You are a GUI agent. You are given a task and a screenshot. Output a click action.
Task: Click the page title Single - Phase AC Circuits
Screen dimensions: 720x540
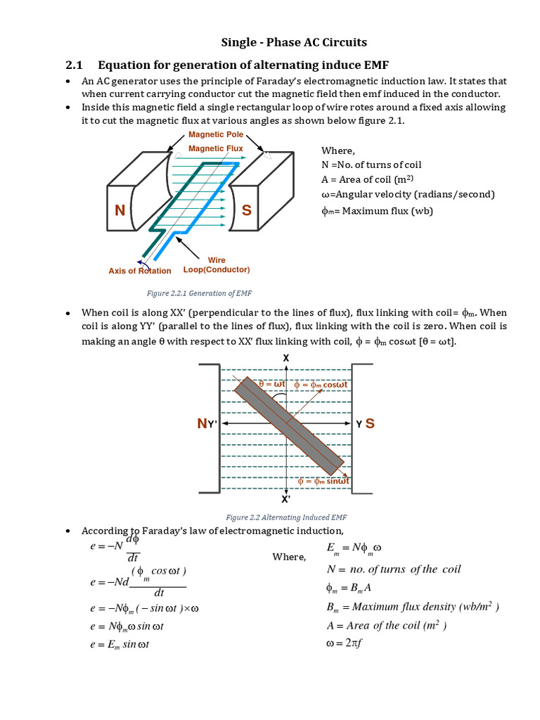[x=285, y=42]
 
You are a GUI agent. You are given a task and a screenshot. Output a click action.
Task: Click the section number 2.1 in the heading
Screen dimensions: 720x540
[x=75, y=65]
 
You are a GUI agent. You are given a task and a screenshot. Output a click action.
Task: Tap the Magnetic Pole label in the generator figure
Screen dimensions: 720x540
[x=216, y=134]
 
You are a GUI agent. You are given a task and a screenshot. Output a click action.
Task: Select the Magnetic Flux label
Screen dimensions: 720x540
[x=216, y=148]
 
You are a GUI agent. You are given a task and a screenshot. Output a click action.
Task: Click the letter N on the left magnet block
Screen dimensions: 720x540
[x=120, y=212]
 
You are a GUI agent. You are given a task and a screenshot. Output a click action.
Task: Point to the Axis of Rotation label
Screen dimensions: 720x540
[x=139, y=271]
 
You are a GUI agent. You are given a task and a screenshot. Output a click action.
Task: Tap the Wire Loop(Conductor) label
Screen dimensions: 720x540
[x=217, y=265]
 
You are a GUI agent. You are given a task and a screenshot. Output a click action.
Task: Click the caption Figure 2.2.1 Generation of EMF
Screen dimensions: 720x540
[x=188, y=294]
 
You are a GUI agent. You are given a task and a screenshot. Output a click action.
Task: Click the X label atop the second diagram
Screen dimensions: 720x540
[x=285, y=358]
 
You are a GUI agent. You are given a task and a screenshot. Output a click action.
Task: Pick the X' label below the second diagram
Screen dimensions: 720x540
[x=285, y=499]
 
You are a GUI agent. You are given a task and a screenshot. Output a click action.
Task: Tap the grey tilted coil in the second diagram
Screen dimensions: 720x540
[x=289, y=425]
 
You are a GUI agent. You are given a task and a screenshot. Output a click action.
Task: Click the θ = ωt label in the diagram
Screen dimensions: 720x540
[x=271, y=385]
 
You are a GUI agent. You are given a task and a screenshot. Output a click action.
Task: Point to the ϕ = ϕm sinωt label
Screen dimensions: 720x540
[x=324, y=481]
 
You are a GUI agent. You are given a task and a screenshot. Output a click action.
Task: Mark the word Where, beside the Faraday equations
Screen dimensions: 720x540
[x=289, y=558]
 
